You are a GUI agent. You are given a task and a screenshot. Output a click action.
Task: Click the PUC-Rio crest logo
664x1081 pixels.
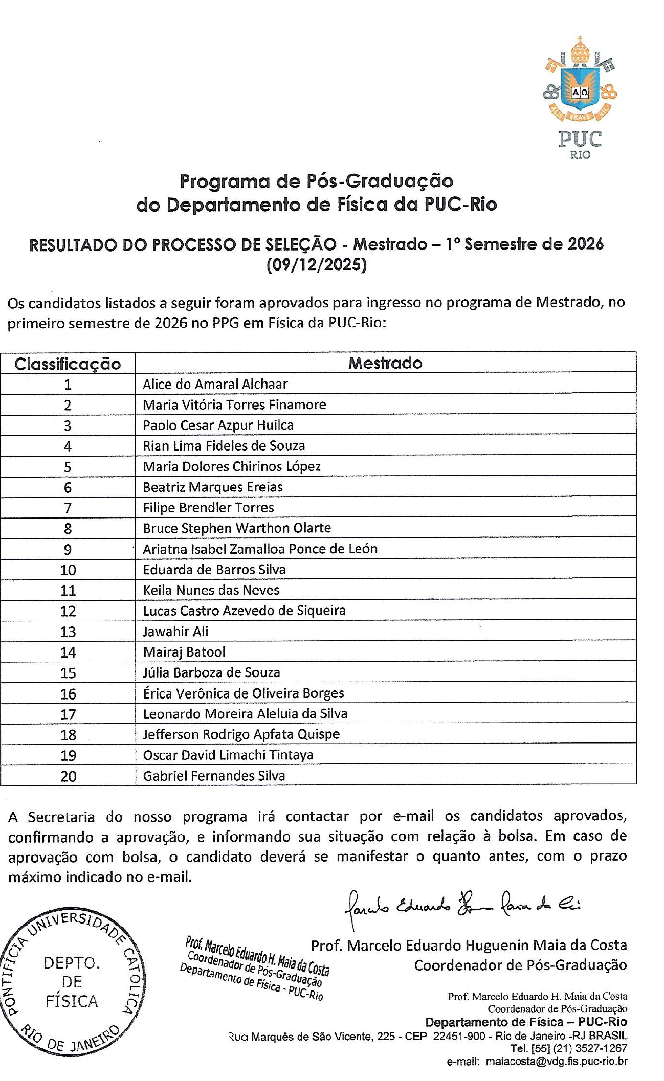pos(580,97)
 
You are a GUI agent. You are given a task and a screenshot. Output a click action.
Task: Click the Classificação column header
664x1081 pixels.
pos(68,364)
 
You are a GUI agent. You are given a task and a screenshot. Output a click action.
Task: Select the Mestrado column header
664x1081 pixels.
pos(385,363)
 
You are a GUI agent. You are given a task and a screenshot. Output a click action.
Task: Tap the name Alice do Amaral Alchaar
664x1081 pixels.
pos(215,384)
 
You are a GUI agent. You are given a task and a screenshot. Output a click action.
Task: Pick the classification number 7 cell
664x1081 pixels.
pos(68,508)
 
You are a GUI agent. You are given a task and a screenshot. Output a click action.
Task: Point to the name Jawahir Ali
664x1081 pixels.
pos(175,632)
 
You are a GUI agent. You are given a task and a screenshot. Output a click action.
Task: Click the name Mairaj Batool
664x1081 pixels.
pos(184,652)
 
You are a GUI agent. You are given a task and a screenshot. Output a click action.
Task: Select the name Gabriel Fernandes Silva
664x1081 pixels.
pos(214,776)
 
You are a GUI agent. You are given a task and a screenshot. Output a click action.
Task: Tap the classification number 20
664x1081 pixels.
pos(68,776)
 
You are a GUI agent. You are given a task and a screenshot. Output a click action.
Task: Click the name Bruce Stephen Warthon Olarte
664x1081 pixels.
pos(237,528)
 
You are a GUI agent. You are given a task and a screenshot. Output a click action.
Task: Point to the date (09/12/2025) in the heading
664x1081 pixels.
pos(317,265)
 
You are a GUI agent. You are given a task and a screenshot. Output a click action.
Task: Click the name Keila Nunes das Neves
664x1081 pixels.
pos(211,590)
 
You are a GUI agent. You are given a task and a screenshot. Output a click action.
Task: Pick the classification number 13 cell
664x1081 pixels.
pos(68,632)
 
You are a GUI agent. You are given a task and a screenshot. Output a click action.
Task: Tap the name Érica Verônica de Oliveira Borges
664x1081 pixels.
pos(244,693)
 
